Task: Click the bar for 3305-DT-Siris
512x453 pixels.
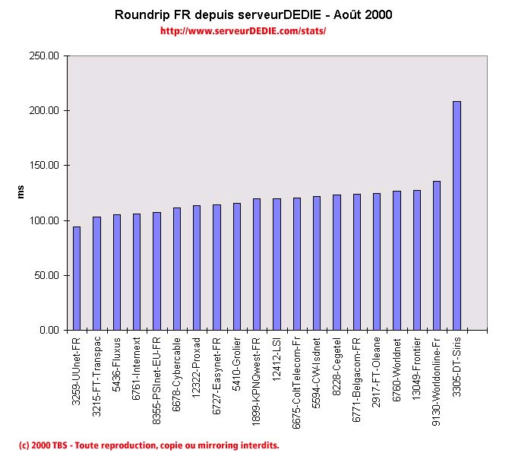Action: (457, 216)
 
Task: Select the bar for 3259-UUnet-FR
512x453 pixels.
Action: (76, 278)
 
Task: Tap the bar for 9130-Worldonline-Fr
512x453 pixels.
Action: (437, 255)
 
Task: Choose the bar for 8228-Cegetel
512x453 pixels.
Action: (337, 262)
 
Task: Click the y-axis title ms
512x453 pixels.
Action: (21, 192)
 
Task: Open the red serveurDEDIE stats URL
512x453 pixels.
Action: (243, 31)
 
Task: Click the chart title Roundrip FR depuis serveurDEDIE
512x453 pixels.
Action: (254, 14)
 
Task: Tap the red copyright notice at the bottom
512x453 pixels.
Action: (150, 445)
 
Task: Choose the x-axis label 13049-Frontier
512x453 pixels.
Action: (416, 367)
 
